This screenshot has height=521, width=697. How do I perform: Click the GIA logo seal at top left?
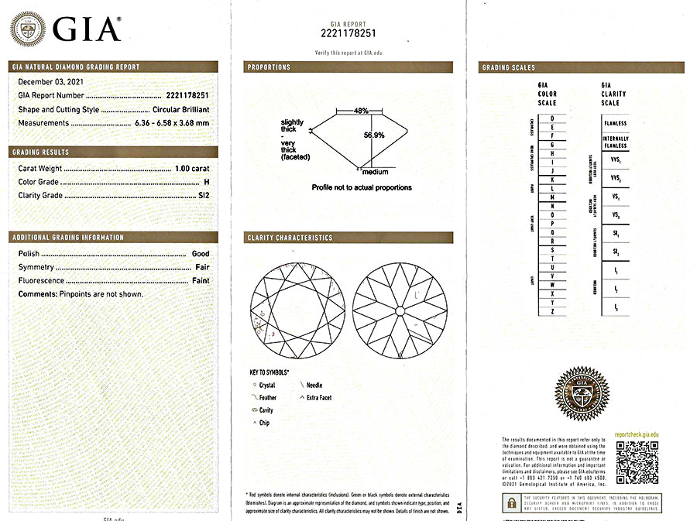pyautogui.click(x=27, y=29)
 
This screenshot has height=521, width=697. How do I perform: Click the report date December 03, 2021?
pyautogui.click(x=51, y=81)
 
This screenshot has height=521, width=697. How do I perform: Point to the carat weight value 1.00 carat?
pyautogui.click(x=191, y=168)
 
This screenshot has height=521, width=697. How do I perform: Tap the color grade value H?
pyautogui.click(x=206, y=182)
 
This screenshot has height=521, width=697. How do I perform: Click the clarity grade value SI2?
pyautogui.click(x=203, y=196)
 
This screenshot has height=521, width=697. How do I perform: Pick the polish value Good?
pyautogui.click(x=200, y=254)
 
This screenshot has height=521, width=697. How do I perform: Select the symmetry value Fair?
pyautogui.click(x=201, y=267)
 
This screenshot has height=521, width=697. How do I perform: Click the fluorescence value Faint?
pyautogui.click(x=199, y=281)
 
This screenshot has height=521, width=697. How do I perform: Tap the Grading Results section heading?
pyautogui.click(x=40, y=153)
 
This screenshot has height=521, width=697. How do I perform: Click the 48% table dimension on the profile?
pyautogui.click(x=361, y=111)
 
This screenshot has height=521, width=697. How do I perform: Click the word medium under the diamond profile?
pyautogui.click(x=375, y=172)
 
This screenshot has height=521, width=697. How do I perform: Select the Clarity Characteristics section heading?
pyautogui.click(x=290, y=238)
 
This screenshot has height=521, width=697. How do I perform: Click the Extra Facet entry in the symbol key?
pyautogui.click(x=318, y=398)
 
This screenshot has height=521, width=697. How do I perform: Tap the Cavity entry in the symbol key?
pyautogui.click(x=266, y=410)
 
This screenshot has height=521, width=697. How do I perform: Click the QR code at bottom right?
pyautogui.click(x=636, y=464)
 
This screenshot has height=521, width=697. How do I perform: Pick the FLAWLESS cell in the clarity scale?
pyautogui.click(x=616, y=123)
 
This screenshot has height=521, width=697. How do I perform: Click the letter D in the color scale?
pyautogui.click(x=551, y=118)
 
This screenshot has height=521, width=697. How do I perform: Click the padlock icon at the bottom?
pyautogui.click(x=512, y=503)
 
